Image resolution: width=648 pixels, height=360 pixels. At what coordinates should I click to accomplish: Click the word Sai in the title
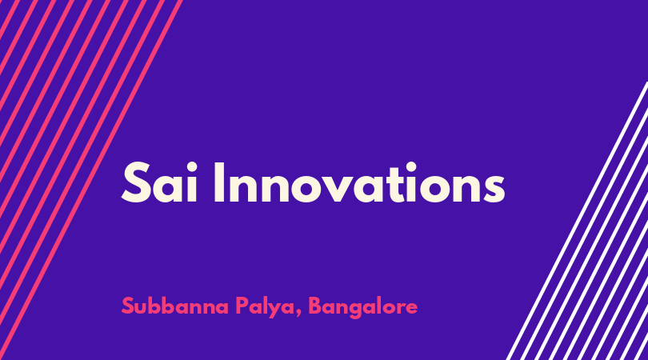tap(159, 183)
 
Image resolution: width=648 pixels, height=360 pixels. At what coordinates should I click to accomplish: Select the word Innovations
tap(359, 183)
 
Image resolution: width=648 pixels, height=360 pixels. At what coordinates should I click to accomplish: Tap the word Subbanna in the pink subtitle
tap(175, 306)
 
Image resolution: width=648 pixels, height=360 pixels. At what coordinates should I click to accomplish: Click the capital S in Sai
tap(135, 183)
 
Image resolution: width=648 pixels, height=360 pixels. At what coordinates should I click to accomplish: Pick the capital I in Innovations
tap(218, 183)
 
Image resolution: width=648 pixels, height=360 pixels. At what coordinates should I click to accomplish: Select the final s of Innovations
tap(492, 188)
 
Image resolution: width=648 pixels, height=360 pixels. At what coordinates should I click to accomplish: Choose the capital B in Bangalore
tap(315, 306)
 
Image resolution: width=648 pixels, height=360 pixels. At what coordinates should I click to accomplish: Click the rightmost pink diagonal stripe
tap(90, 180)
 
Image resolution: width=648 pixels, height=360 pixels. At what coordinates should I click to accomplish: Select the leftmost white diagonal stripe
tap(577, 221)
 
